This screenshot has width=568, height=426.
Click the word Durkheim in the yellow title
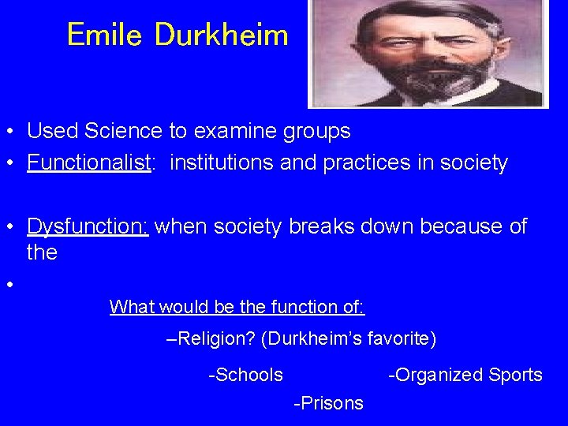tap(222, 34)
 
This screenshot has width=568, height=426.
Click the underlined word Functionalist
tap(88, 163)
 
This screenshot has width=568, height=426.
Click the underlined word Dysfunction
tap(88, 227)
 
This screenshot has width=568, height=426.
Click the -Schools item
tap(245, 375)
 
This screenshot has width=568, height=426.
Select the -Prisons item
tap(328, 403)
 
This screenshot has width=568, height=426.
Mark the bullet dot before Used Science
tap(10, 130)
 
